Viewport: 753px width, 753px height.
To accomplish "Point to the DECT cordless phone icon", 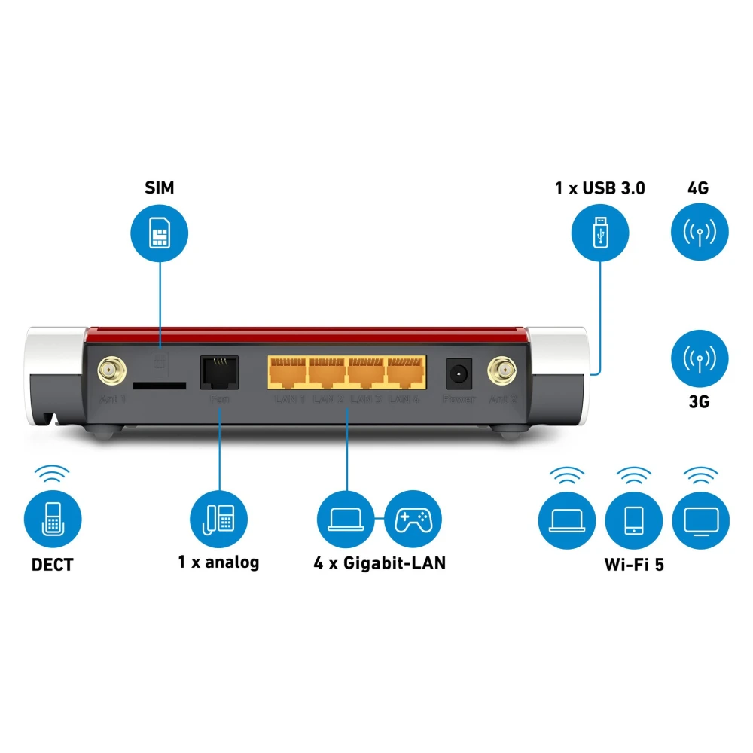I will [53, 519].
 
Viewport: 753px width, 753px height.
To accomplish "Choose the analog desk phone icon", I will [218, 519].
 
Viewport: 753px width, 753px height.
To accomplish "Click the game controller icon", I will [413, 519].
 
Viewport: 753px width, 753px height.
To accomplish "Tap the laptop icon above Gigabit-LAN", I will [346, 519].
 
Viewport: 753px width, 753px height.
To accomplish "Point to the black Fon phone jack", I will [219, 371].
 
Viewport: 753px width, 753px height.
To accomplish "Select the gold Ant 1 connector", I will [111, 370].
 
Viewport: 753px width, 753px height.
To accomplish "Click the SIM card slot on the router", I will [159, 385].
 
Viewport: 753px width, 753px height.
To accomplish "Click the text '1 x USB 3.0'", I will [599, 188].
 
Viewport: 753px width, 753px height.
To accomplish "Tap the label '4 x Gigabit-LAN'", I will [380, 562].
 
